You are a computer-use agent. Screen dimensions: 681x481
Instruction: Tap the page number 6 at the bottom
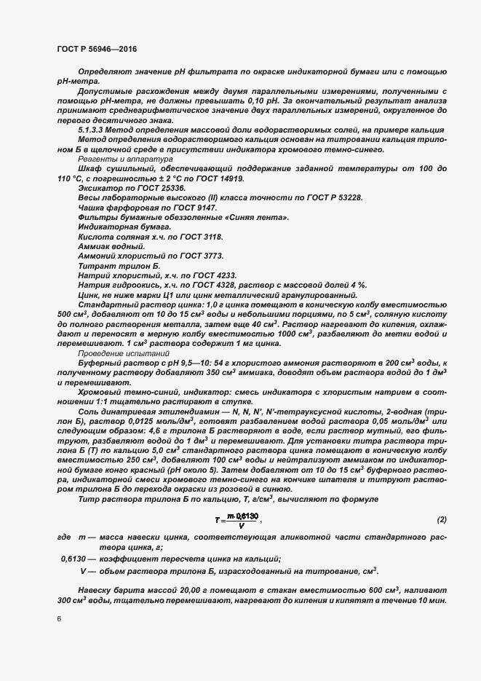click(x=59, y=619)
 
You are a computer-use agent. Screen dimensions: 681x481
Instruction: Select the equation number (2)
click(x=440, y=519)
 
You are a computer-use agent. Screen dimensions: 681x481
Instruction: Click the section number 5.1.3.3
click(x=93, y=129)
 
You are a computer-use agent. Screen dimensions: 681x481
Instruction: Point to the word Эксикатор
click(x=100, y=188)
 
